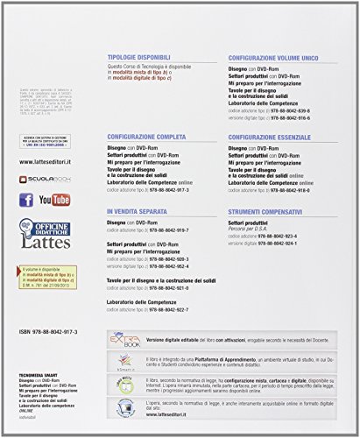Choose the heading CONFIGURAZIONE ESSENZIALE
pyautogui.click(x=281, y=137)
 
